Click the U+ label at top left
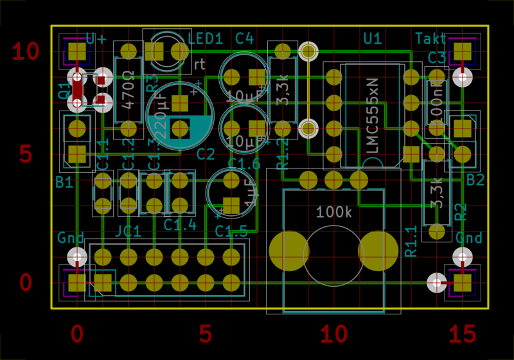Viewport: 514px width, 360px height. (96, 39)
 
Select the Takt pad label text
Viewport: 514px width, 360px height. (430, 38)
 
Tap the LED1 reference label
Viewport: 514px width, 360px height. (206, 39)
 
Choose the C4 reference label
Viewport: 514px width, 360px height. (244, 39)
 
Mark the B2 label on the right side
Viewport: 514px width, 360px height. (475, 180)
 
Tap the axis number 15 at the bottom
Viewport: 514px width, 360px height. (463, 334)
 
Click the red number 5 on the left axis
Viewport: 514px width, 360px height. (26, 154)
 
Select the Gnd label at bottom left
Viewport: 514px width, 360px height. (71, 238)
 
